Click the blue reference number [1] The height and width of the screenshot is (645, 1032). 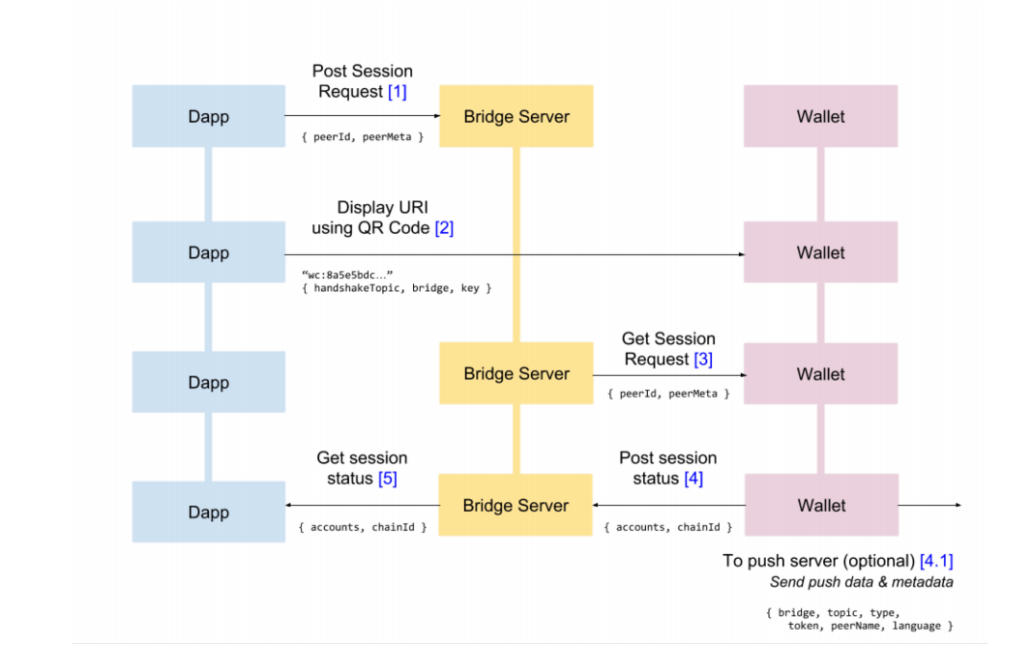[397, 92]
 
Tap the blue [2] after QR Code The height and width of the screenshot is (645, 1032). [443, 228]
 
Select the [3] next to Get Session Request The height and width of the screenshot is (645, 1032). [703, 359]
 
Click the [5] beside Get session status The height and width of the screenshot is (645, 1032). [387, 478]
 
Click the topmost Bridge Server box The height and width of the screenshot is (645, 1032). [516, 116]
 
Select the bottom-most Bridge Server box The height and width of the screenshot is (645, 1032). [516, 505]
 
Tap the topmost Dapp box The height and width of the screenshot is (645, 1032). [208, 116]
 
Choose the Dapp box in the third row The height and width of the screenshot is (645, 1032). [208, 382]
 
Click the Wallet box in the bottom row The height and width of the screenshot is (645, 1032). [820, 505]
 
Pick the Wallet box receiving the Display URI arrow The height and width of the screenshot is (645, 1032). [820, 252]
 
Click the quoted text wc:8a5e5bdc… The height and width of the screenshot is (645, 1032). [347, 274]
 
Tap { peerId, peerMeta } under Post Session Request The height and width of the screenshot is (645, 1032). [362, 137]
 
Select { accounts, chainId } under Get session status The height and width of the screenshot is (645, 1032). [363, 527]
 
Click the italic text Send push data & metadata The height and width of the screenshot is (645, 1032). [861, 582]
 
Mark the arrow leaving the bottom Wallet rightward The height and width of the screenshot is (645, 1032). [930, 505]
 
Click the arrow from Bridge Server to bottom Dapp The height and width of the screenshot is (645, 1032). [362, 505]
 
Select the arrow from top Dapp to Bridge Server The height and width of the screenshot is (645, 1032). [362, 116]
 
